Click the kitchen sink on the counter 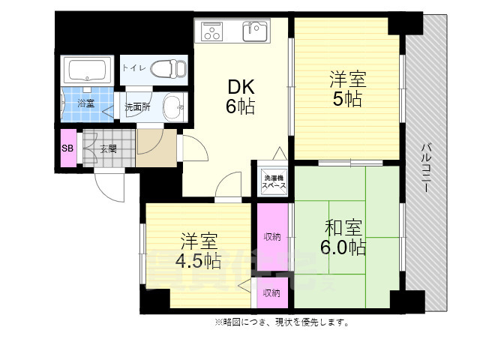(x=254, y=32)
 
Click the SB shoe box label (x=67, y=148)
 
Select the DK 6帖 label (x=240, y=95)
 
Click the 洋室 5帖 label (x=346, y=88)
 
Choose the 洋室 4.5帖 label (x=198, y=251)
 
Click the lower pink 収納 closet (x=271, y=293)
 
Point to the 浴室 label (x=85, y=103)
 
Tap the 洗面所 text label (x=137, y=106)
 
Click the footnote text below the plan (x=281, y=322)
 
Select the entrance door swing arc (x=111, y=187)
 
